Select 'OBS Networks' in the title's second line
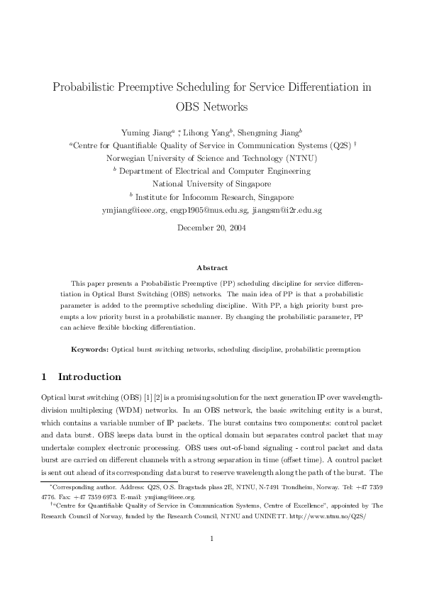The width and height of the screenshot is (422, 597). [x=211, y=108]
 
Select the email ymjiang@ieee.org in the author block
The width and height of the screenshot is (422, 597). [x=131, y=211]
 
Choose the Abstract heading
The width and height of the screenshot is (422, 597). [x=211, y=268]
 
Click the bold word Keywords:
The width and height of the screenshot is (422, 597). [x=90, y=350]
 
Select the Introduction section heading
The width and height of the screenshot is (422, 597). [x=89, y=376]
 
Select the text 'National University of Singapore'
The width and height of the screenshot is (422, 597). [x=211, y=184]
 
